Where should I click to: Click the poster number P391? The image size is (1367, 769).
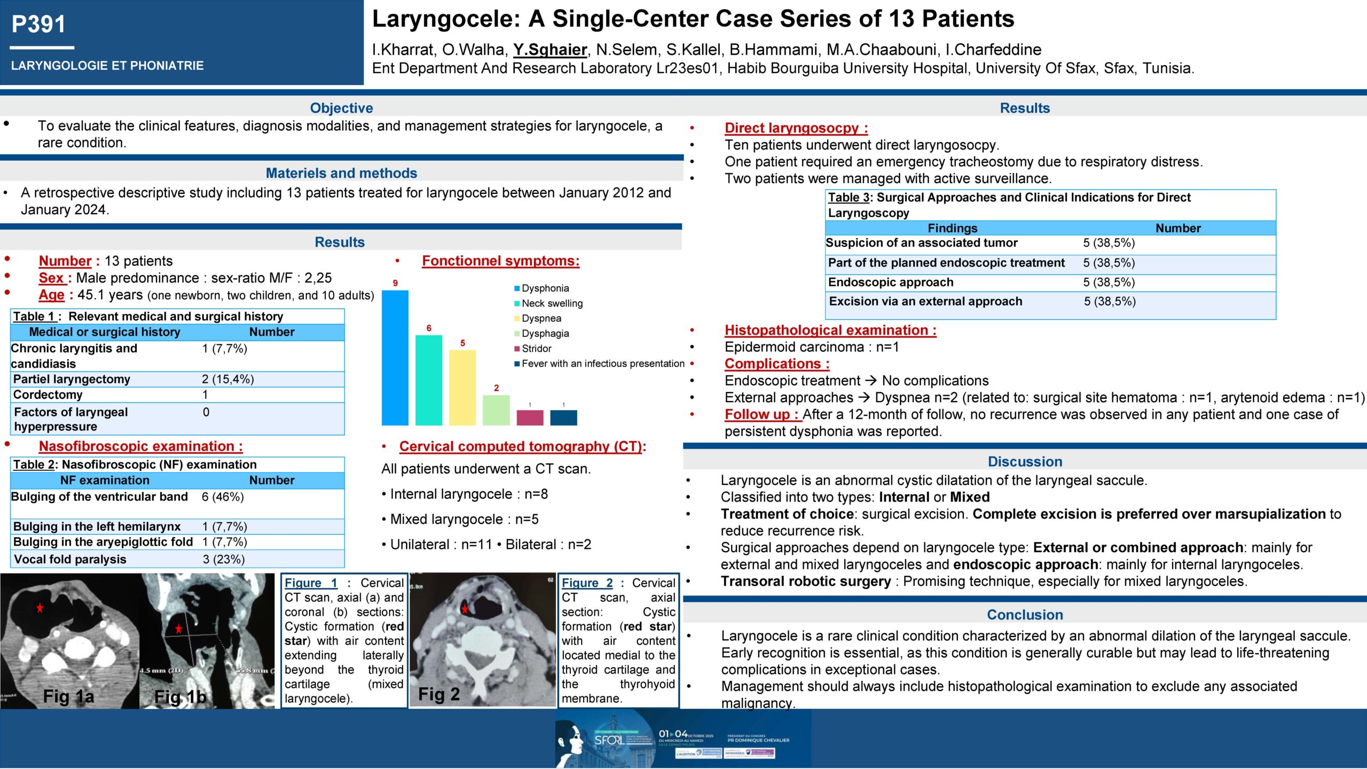(38, 24)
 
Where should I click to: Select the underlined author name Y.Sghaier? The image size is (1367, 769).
(550, 50)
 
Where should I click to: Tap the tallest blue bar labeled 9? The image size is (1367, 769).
(395, 357)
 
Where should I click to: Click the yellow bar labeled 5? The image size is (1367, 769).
(462, 387)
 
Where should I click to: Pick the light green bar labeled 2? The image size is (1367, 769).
(496, 410)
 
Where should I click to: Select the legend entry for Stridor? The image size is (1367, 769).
(536, 349)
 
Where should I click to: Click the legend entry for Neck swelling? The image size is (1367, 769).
(552, 303)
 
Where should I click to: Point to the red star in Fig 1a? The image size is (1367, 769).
(40, 608)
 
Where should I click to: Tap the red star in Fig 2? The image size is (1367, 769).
(465, 609)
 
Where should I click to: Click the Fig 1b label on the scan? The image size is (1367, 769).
(180, 697)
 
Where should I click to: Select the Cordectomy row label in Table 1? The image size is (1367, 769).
(48, 395)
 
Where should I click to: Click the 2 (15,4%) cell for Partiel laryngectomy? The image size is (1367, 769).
(228, 379)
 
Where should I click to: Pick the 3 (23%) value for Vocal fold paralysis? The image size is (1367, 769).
(224, 559)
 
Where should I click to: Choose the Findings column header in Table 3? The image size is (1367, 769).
(952, 228)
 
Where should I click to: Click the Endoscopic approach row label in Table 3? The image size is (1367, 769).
(891, 282)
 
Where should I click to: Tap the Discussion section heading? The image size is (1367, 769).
(1025, 461)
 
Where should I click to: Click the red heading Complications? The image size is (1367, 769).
(776, 364)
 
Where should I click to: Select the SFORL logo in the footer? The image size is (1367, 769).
(609, 740)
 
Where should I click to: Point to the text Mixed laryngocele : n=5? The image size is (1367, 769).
(464, 519)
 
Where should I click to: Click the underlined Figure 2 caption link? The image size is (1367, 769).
(587, 583)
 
